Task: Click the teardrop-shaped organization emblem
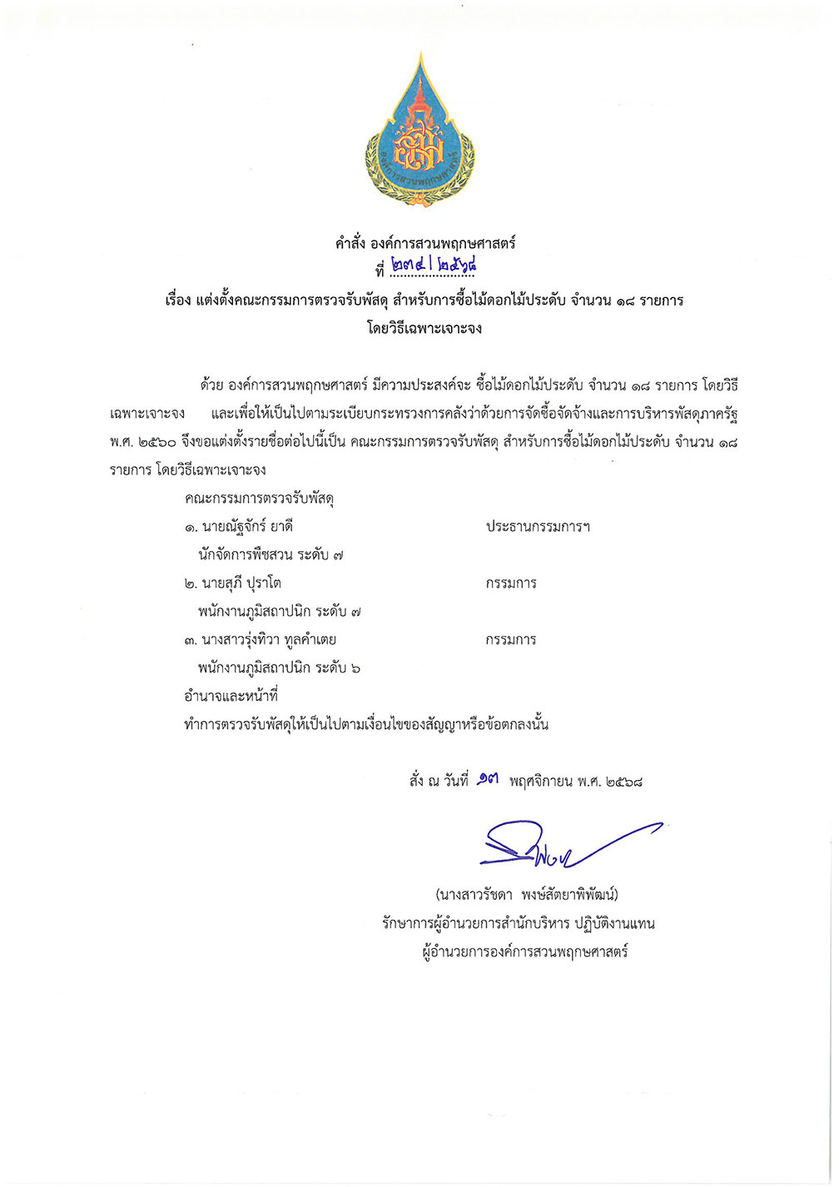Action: [x=420, y=133]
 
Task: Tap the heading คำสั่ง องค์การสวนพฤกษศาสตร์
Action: [x=425, y=243]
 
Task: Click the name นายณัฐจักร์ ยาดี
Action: [x=246, y=527]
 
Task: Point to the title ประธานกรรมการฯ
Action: [x=538, y=527]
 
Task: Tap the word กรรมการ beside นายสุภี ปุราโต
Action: [x=511, y=584]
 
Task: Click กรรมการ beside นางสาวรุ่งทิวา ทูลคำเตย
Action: [x=511, y=640]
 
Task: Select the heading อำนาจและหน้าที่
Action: [x=231, y=697]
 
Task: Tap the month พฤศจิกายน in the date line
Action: [x=541, y=782]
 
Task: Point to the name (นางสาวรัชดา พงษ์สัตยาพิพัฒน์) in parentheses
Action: [x=527, y=896]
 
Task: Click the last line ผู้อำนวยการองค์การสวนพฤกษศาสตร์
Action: [x=524, y=951]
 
